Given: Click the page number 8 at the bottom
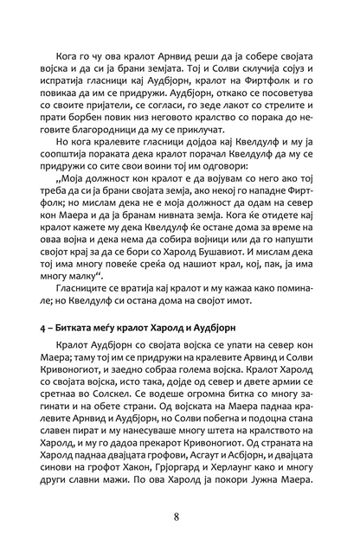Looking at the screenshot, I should click(x=177, y=516).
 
